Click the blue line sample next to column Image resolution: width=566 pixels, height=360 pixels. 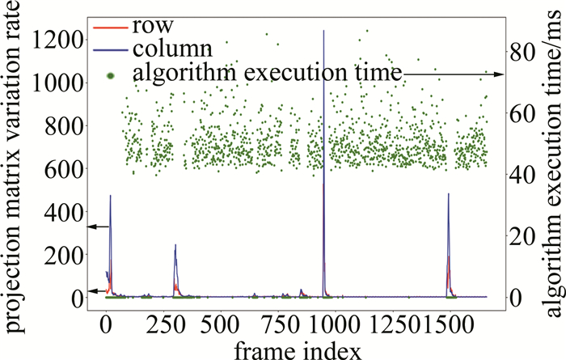coord(112,49)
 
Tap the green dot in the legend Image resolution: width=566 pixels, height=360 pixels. coord(112,74)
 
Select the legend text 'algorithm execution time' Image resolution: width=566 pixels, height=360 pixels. coord(268,73)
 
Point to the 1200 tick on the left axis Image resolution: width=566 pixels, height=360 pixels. coord(61,40)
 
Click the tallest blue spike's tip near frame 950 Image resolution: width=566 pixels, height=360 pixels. coord(324,31)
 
